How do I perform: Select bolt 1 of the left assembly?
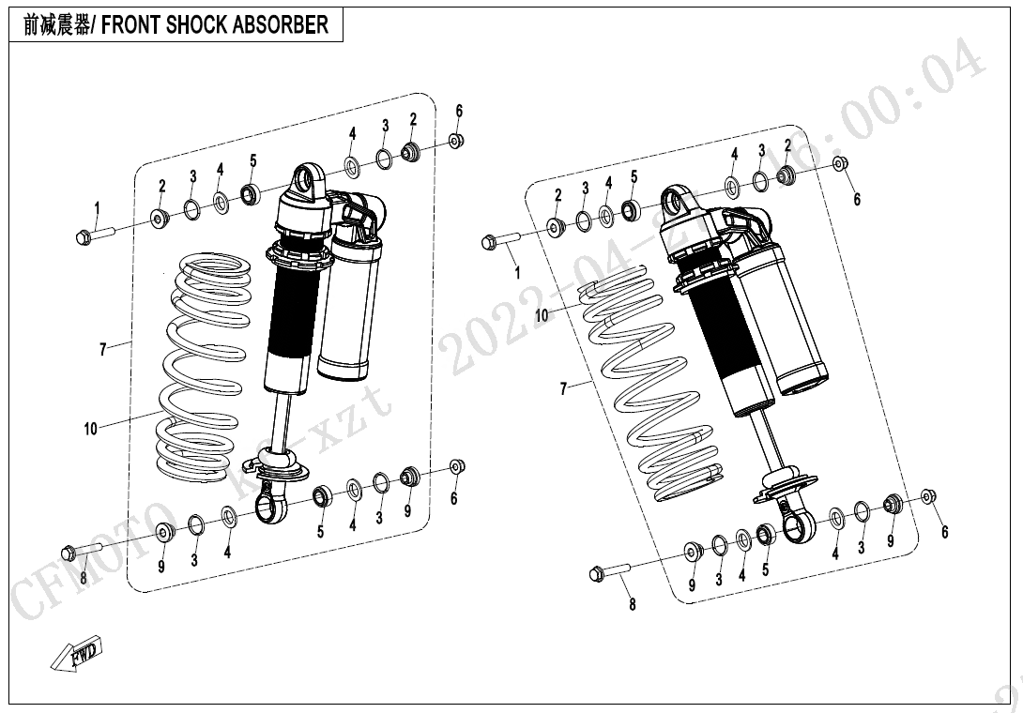click(x=92, y=235)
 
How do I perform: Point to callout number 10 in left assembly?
click(x=90, y=430)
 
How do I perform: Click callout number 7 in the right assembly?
click(x=564, y=388)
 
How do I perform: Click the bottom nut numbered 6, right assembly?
click(x=927, y=496)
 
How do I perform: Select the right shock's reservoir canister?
click(x=784, y=319)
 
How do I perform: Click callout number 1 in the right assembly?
click(x=517, y=273)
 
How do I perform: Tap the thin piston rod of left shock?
click(x=280, y=422)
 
